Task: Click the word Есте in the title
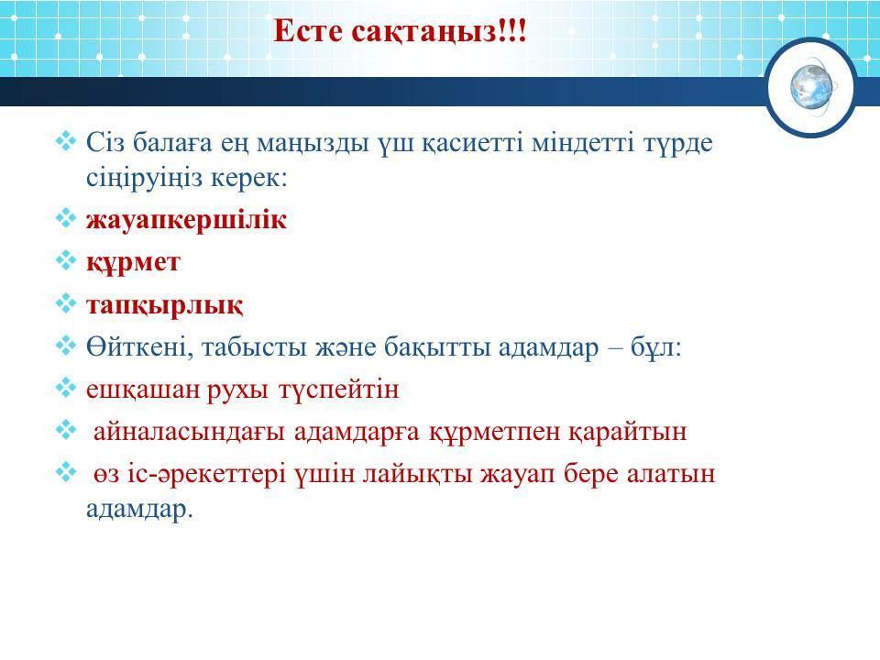[308, 31]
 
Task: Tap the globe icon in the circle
[812, 88]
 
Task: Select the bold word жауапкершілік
[186, 220]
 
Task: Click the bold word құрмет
[133, 263]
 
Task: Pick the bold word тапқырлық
[164, 306]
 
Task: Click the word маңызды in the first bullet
[313, 145]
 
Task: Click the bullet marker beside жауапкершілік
[66, 218]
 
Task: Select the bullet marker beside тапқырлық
[66, 303]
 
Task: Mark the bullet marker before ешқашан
[66, 388]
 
